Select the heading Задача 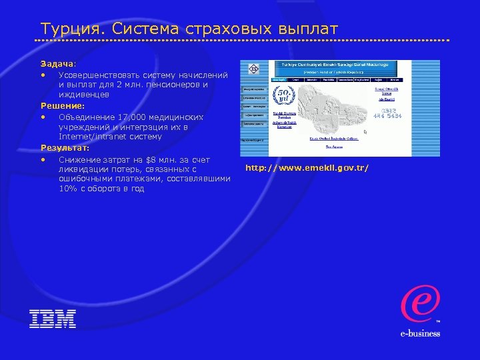[56, 63]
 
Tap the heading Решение [62, 105]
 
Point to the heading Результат [64, 148]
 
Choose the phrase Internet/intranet [101, 137]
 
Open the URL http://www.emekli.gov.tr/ [307, 167]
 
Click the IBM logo [53, 318]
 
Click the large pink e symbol [419, 303]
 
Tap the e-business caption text [420, 333]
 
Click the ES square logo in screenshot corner [253, 69]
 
